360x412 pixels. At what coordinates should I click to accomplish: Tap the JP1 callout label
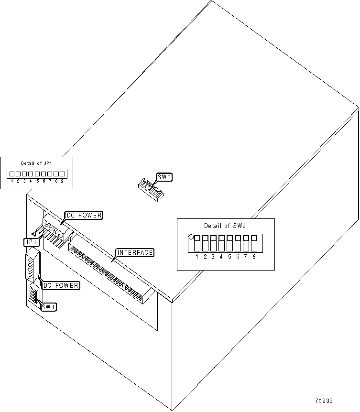[30, 242]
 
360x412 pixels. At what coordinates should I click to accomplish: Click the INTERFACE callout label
[135, 252]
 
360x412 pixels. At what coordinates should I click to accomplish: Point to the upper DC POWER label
[84, 216]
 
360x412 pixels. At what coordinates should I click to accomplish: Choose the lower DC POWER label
[61, 285]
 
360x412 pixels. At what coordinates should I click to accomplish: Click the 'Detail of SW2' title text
[225, 226]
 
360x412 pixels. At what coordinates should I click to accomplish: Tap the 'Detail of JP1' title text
[36, 163]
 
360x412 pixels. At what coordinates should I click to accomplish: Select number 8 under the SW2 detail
[254, 257]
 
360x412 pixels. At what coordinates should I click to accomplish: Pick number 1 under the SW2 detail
[197, 257]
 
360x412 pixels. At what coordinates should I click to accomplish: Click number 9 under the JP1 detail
[62, 181]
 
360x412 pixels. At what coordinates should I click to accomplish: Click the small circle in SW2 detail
[192, 237]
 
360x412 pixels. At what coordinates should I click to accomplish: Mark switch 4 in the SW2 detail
[221, 243]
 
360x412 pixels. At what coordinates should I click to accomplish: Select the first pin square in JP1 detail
[12, 174]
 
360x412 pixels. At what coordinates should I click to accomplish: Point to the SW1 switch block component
[33, 294]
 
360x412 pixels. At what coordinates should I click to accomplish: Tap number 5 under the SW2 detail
[229, 257]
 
